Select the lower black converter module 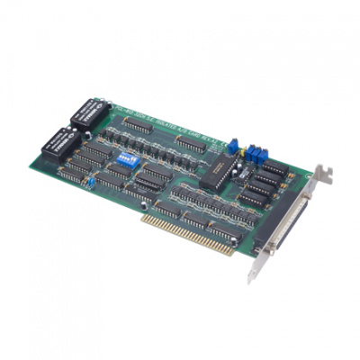(x=61, y=140)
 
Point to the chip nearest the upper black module (x=135, y=124)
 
